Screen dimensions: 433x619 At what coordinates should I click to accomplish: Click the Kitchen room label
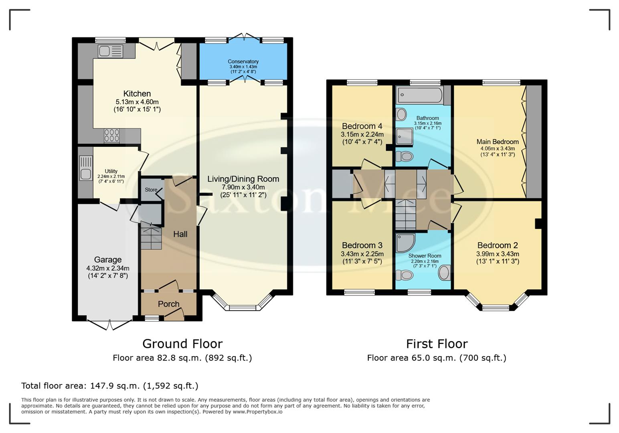[x=137, y=93]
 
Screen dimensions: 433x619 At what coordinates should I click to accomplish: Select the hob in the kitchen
[x=111, y=136]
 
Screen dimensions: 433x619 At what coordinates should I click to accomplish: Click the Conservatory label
[x=243, y=61]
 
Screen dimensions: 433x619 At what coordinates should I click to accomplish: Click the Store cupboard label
[x=151, y=190]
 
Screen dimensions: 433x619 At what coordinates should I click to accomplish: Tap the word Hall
[x=180, y=234]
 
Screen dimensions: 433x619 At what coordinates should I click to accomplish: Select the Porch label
[x=168, y=304]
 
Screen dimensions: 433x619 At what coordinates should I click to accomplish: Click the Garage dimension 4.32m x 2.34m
[x=107, y=268]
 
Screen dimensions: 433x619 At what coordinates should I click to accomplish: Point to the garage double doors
[x=109, y=324]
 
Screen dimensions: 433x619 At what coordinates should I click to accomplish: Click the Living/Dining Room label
[x=243, y=179]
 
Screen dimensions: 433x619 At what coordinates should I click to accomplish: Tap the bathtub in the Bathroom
[x=419, y=95]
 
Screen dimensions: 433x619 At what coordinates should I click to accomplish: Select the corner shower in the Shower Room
[x=405, y=243]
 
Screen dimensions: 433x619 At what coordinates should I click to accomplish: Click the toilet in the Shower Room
[x=405, y=275]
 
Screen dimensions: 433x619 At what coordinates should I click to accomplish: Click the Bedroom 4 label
[x=362, y=126]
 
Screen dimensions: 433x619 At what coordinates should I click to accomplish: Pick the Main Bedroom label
[x=497, y=142]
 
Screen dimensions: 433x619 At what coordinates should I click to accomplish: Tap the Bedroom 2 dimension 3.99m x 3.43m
[x=497, y=254]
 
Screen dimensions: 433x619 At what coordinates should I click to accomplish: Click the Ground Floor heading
[x=182, y=344]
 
